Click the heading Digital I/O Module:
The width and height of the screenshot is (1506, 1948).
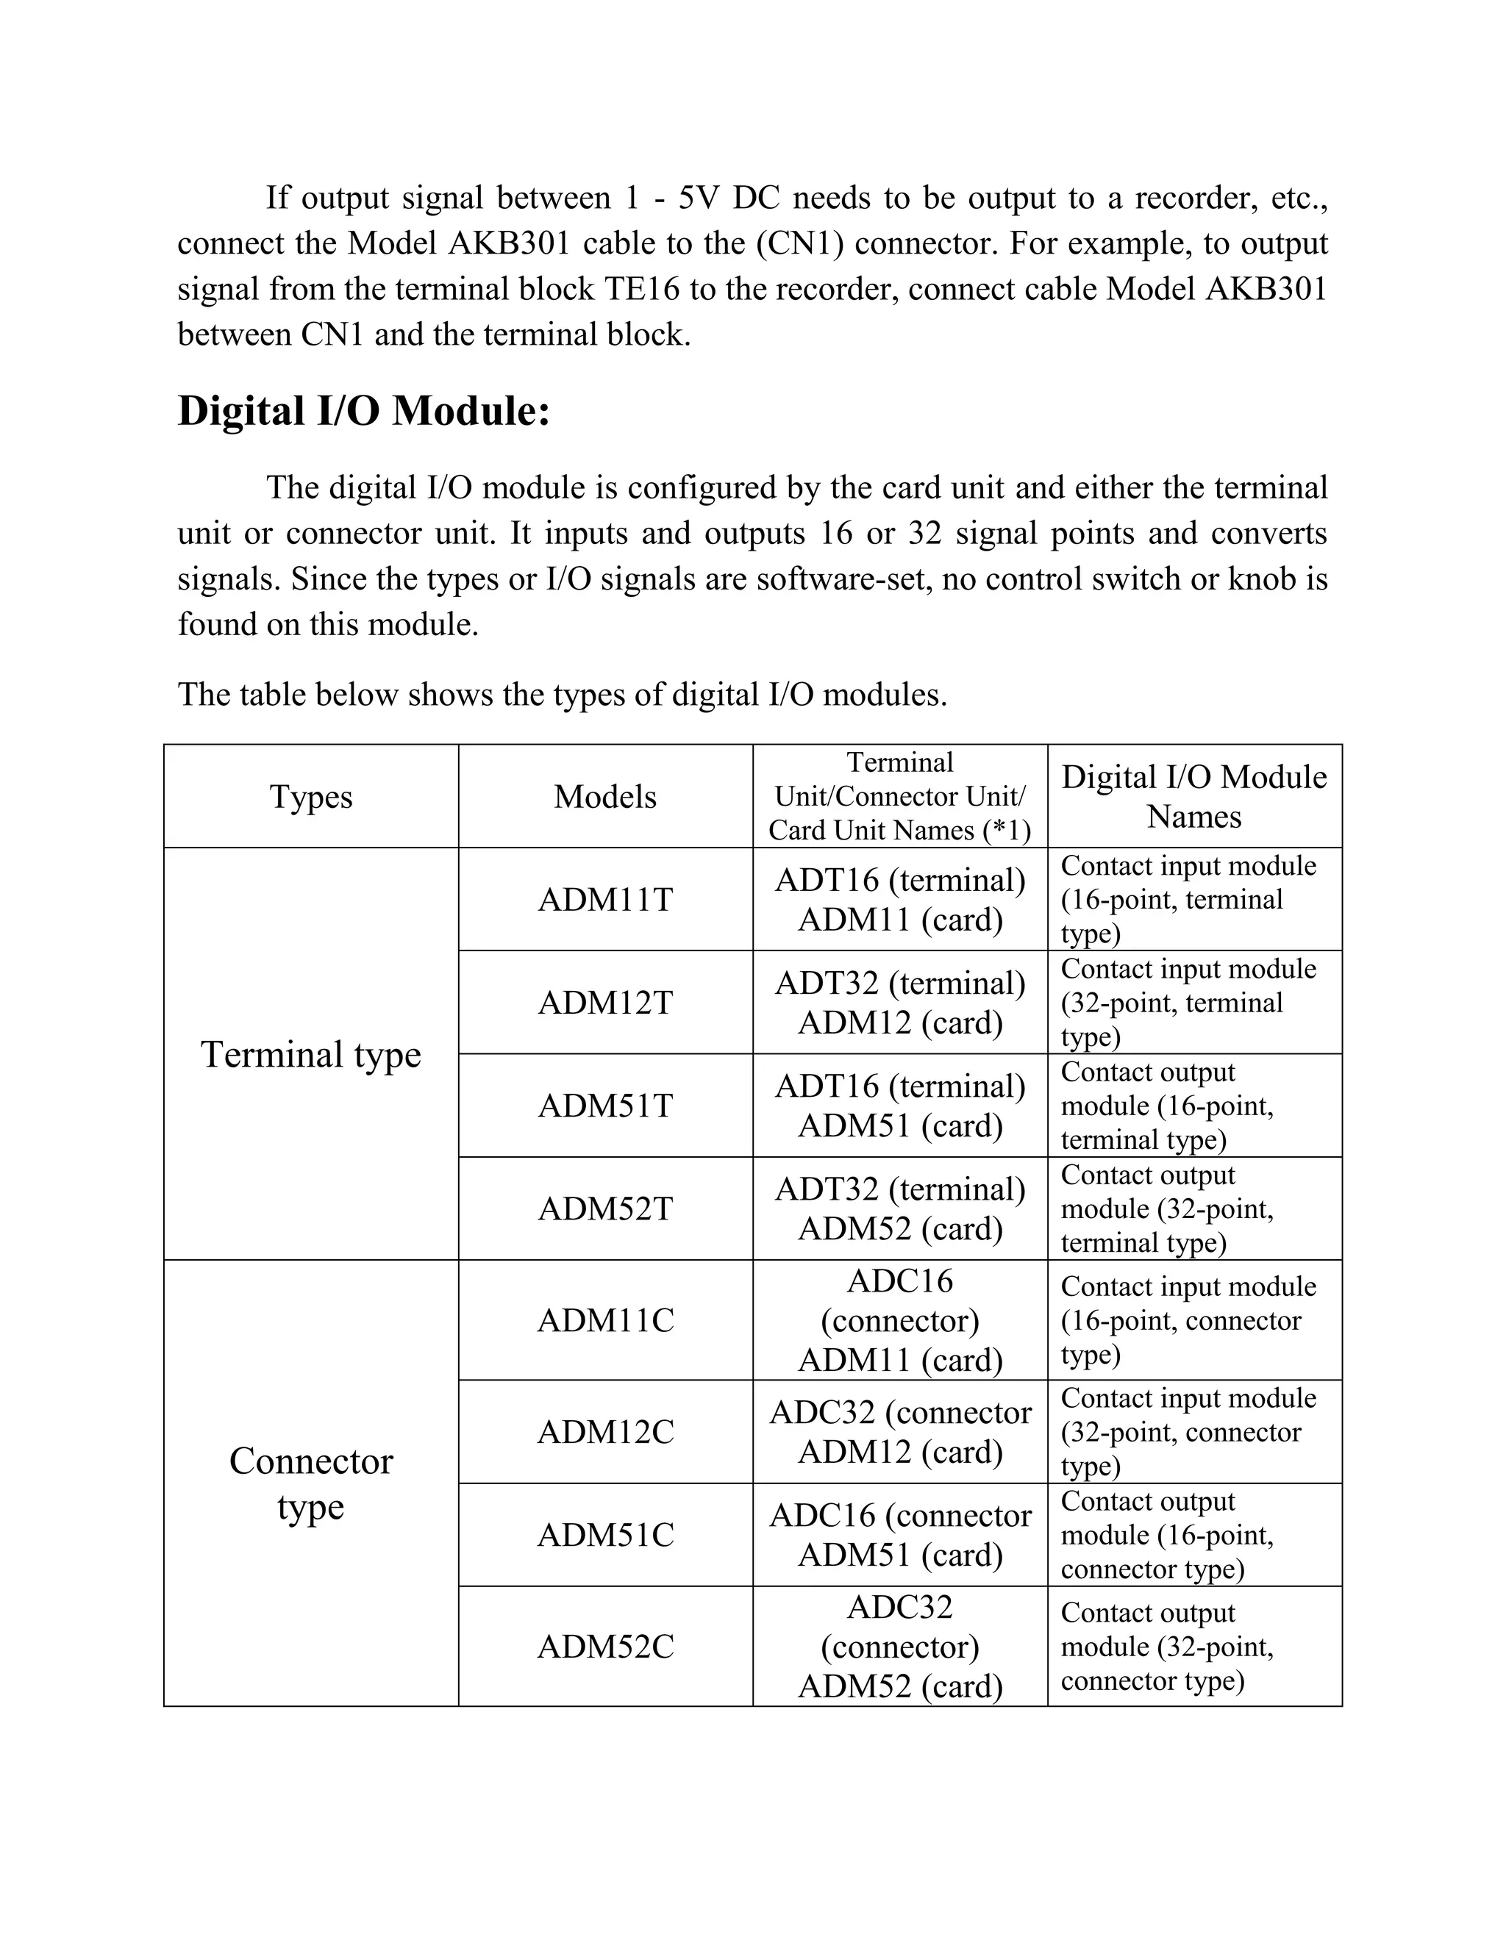tap(364, 411)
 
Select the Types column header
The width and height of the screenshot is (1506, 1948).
tap(311, 797)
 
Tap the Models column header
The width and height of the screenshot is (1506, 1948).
tap(605, 797)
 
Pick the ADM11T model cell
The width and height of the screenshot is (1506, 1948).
tap(605, 899)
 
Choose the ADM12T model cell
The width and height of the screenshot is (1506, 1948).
tap(605, 1003)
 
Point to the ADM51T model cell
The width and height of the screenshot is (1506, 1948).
tap(605, 1106)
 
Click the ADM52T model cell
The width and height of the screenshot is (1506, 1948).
tap(605, 1208)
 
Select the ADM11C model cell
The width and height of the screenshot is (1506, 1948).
tap(605, 1320)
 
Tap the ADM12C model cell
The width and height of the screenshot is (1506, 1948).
tap(605, 1431)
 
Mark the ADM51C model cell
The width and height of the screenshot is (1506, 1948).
tap(605, 1534)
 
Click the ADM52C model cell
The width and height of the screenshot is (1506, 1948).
tap(605, 1646)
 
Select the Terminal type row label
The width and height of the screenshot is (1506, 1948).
tap(311, 1054)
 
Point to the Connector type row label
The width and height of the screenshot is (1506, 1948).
tap(311, 1483)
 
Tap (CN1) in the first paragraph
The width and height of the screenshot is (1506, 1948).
tap(799, 243)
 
